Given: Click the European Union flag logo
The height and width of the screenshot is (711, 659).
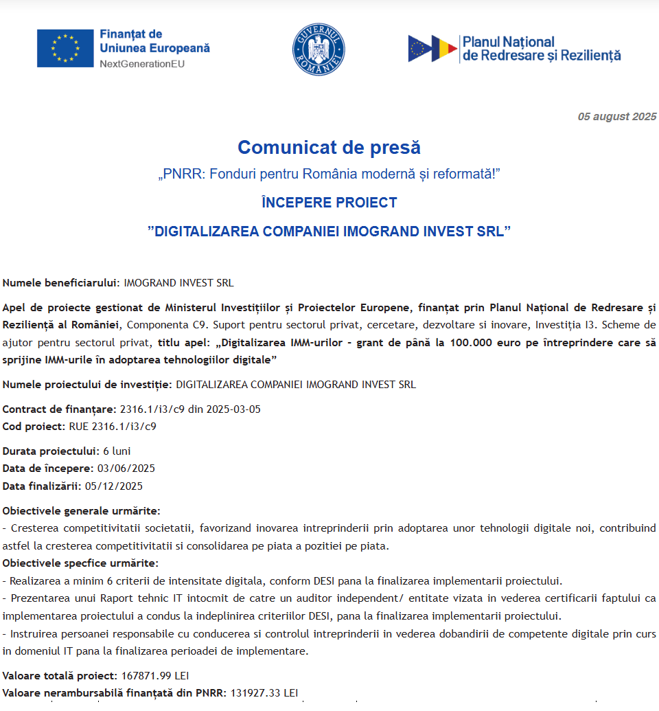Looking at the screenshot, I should (x=65, y=48).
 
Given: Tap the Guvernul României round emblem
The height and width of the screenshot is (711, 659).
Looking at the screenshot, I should (x=319, y=49).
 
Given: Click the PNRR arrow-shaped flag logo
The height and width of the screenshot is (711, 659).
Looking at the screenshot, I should (x=432, y=49).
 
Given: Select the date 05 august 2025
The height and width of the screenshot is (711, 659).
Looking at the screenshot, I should (x=616, y=117).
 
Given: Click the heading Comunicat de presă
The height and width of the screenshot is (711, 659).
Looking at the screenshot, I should (x=329, y=148).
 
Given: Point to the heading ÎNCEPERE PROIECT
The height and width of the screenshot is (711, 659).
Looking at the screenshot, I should (x=329, y=203).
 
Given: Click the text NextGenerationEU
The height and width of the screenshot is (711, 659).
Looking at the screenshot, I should (x=142, y=64).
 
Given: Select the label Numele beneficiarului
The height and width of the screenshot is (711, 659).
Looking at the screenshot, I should (x=61, y=282).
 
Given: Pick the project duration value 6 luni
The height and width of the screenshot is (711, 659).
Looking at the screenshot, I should (x=117, y=451).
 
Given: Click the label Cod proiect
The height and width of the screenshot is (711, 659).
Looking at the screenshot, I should (x=34, y=427).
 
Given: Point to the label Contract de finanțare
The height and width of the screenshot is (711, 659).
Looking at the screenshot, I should (x=59, y=409).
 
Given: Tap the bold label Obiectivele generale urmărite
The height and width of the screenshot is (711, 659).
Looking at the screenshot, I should (x=81, y=511).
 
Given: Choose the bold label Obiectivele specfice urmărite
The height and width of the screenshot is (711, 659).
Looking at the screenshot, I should (x=80, y=563).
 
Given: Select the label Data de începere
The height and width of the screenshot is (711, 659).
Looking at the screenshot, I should (x=47, y=469).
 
